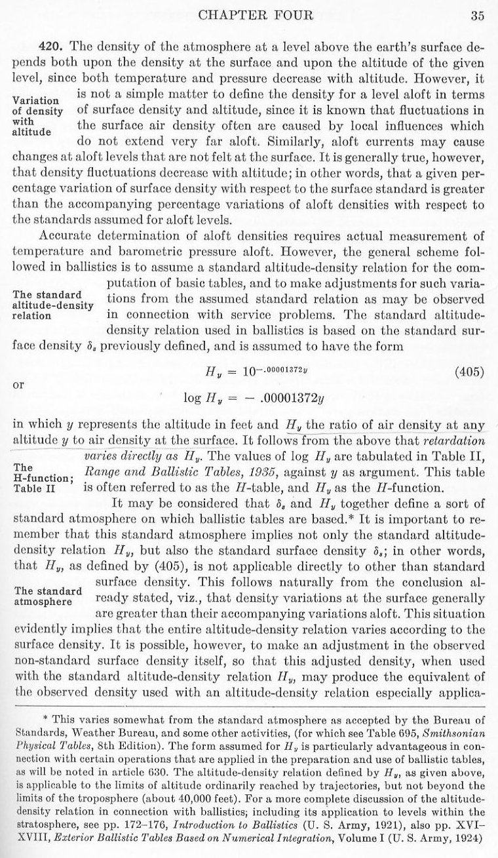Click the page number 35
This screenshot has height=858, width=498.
477,18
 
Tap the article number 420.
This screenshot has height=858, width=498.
50,47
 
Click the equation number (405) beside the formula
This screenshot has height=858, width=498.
469,372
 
